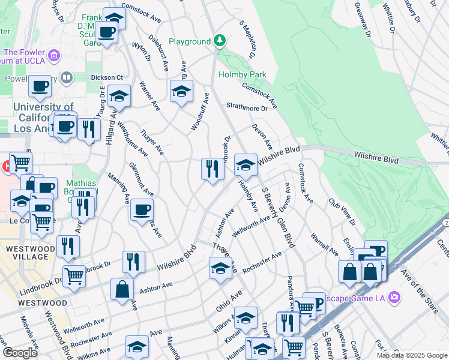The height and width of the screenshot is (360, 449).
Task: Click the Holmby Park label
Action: click(x=243, y=74)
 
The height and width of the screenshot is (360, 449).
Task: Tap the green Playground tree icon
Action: click(x=221, y=41)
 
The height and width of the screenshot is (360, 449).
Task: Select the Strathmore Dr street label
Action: click(x=247, y=108)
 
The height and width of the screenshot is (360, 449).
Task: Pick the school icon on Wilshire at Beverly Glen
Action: click(x=245, y=164)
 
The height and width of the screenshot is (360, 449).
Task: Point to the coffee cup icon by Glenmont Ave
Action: click(x=142, y=210)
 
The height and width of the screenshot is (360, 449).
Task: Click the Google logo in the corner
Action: click(x=20, y=353)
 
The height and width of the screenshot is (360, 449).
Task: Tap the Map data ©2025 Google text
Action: click(x=412, y=355)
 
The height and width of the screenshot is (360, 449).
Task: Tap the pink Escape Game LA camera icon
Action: click(x=394, y=296)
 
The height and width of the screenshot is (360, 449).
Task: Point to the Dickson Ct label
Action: click(x=107, y=77)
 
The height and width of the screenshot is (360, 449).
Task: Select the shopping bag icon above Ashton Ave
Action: click(x=122, y=289)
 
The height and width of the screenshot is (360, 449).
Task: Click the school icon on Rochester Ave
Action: click(x=221, y=268)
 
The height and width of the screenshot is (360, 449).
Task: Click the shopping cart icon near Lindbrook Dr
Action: click(x=74, y=275)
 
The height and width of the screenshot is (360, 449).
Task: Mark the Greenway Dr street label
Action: click(x=361, y=19)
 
